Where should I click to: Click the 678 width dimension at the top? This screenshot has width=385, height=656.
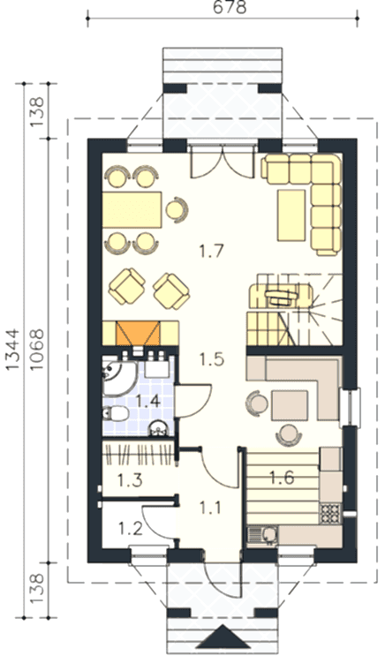click(230, 7)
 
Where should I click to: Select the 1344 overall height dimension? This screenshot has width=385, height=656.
click(13, 350)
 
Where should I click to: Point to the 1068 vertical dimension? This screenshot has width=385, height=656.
click(37, 350)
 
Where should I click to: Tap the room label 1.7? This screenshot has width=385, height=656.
click(211, 252)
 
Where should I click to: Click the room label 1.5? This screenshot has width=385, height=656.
click(211, 359)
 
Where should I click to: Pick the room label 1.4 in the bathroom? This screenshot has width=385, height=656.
click(148, 402)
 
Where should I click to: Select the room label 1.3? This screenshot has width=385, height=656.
click(130, 480)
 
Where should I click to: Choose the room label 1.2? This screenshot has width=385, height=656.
click(130, 529)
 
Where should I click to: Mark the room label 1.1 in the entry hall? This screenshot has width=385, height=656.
click(209, 508)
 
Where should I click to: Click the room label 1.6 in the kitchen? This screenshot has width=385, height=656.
click(282, 477)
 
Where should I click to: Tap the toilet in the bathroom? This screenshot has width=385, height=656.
click(115, 414)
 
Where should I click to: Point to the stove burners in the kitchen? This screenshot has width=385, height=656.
click(330, 513)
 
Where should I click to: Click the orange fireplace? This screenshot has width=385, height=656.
click(138, 334)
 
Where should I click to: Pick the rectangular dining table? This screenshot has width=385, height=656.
click(132, 209)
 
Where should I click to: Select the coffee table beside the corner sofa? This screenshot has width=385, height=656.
click(291, 215)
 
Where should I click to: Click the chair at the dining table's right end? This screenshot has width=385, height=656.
click(177, 208)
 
